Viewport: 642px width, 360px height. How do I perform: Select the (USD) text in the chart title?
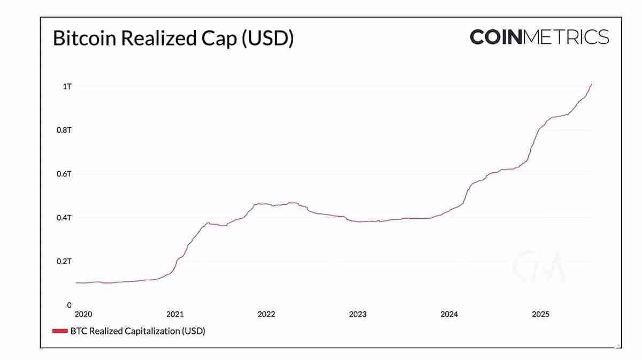[268, 39]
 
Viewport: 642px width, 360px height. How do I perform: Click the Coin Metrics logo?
[539, 37]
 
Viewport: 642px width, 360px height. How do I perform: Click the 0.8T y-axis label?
[64, 131]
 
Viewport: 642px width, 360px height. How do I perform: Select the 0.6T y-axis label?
[64, 174]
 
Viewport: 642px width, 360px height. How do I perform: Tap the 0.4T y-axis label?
[64, 218]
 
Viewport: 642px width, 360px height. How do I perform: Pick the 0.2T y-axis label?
[64, 262]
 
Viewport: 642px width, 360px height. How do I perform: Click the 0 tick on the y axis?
[69, 305]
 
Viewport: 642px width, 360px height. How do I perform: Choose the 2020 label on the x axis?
[83, 315]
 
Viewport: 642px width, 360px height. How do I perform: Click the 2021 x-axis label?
[175, 315]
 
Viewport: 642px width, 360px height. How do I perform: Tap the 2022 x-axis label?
[266, 315]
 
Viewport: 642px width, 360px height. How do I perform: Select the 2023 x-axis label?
[357, 315]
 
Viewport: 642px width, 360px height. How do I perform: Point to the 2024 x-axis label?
[449, 315]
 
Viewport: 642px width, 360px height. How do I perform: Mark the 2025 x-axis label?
[540, 315]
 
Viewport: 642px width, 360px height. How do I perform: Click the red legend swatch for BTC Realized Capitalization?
[59, 331]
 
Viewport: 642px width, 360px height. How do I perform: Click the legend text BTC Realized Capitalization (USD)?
[137, 331]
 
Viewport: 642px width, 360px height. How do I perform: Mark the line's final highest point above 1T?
[591, 84]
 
